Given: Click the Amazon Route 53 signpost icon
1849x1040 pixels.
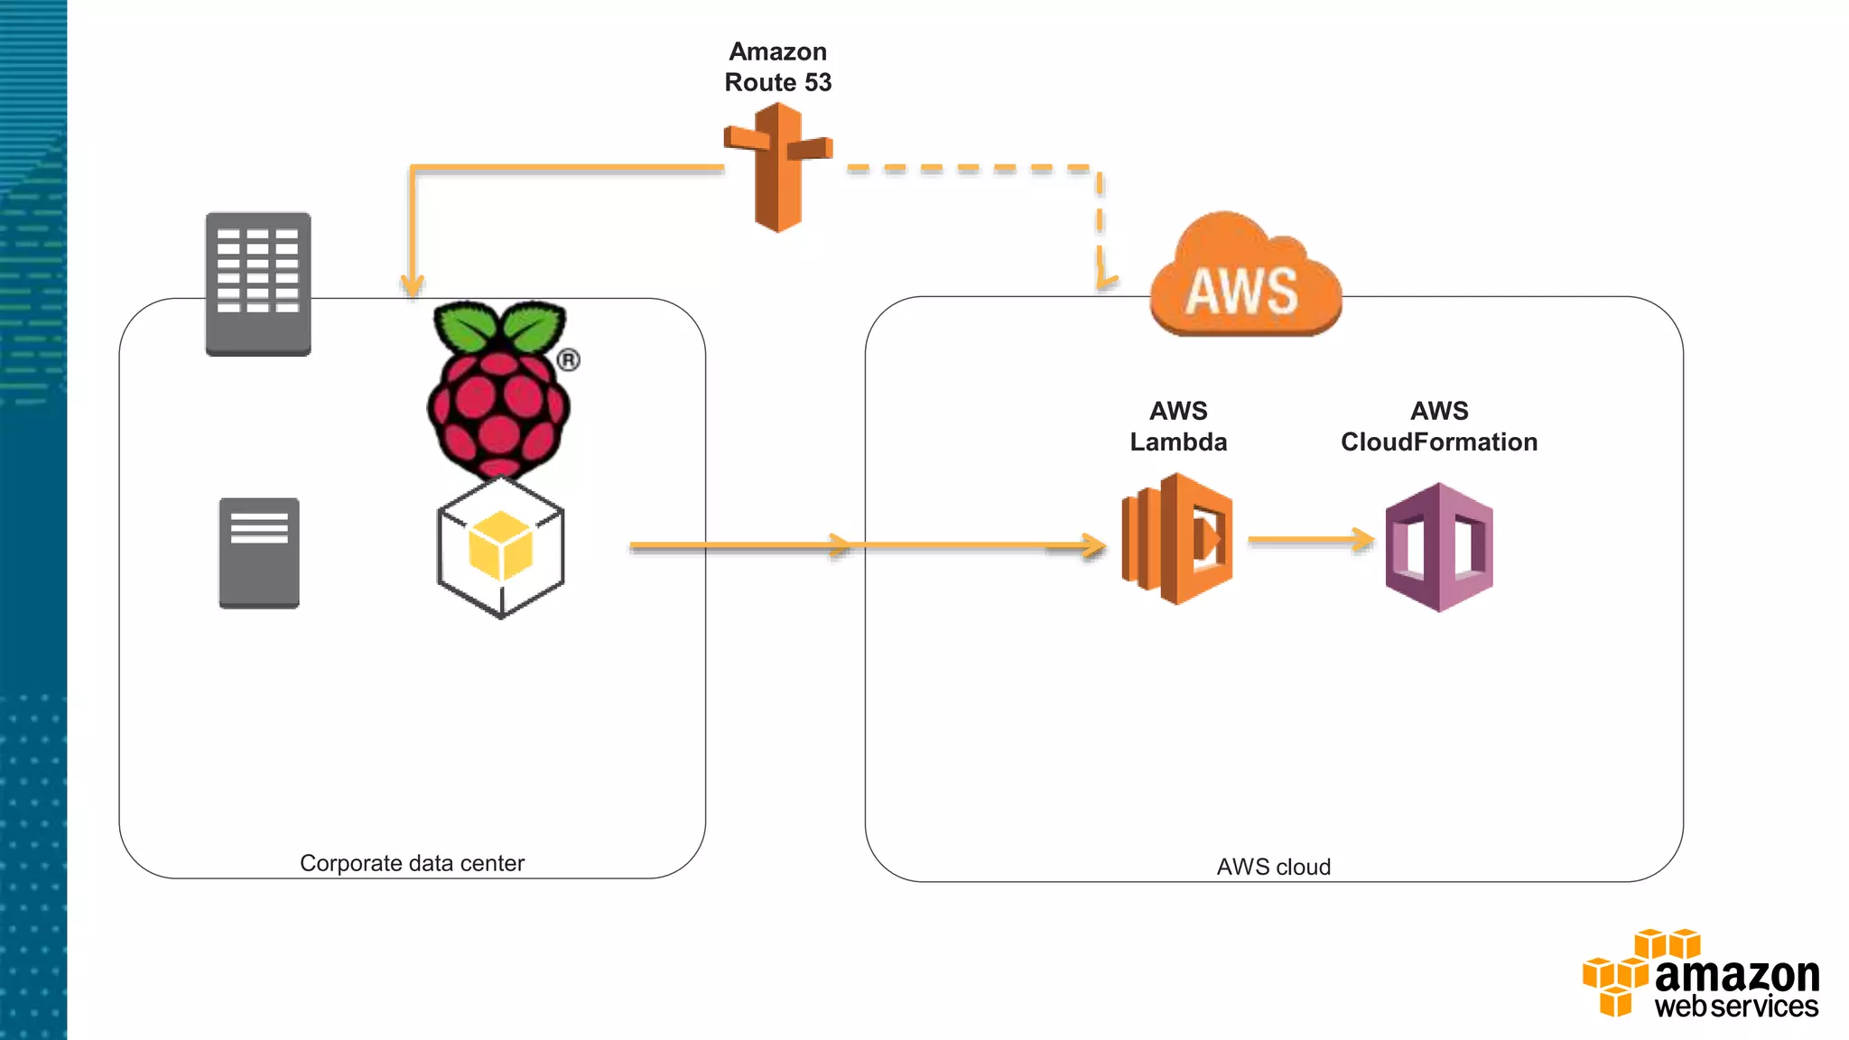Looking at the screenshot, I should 777,167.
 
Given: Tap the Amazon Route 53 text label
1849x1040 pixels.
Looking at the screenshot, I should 777,67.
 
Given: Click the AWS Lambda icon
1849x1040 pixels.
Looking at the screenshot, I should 1177,539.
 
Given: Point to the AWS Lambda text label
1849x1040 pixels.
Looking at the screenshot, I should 1178,426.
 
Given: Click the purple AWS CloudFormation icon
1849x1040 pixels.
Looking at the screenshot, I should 1439,547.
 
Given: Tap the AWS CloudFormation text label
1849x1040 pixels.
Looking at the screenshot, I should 1439,426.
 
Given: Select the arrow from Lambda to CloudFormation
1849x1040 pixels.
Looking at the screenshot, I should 1309,540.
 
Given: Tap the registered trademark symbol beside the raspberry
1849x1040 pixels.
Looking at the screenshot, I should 568,360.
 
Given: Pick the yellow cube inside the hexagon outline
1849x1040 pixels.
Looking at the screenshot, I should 500,545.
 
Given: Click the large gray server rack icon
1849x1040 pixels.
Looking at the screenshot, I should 258,283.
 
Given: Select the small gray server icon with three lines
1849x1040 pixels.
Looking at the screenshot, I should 259,552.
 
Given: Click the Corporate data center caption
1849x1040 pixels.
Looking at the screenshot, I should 412,863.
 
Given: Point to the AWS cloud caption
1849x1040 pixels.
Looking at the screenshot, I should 1273,867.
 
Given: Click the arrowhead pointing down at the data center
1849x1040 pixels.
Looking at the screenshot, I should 413,285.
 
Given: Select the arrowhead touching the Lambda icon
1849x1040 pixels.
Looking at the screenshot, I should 1094,545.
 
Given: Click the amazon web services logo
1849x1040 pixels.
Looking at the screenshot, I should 1701,975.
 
